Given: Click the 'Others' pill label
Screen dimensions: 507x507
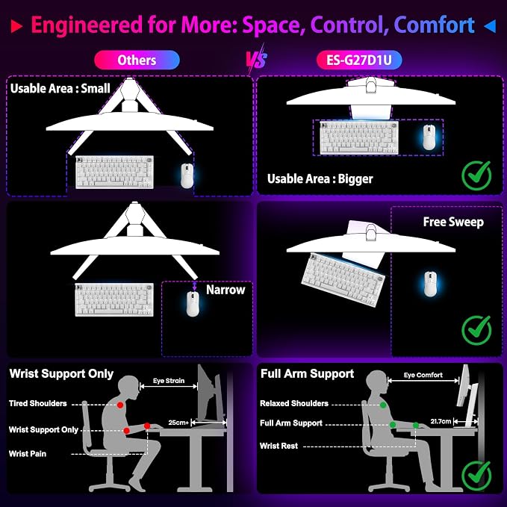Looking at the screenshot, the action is tap(137, 60).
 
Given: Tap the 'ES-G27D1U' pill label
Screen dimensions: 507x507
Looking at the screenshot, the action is tap(359, 60).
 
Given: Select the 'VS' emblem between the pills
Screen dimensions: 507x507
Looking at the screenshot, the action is tap(257, 59).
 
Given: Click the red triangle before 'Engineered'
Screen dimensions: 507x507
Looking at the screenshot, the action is tap(16, 26).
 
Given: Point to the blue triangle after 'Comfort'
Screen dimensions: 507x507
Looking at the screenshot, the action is tap(490, 26).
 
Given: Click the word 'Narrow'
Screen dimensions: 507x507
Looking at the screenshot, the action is tap(225, 290).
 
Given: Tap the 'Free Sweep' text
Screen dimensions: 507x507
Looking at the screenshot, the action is tap(453, 222).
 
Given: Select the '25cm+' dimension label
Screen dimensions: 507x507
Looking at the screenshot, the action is tap(178, 423).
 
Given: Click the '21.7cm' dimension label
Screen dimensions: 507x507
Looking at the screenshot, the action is tap(441, 421).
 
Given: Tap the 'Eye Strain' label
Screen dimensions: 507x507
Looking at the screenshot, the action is tap(169, 381).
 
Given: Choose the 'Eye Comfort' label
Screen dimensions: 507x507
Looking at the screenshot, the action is tap(423, 375).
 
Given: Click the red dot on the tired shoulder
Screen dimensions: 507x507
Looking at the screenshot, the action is tap(120, 405).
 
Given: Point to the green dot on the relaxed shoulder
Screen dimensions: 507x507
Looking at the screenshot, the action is tap(383, 405).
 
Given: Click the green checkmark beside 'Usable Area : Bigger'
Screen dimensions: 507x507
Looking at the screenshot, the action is tap(476, 175).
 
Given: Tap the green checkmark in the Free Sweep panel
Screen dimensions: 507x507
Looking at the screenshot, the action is tap(476, 330).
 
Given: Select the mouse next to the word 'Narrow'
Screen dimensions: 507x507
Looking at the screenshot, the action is tap(193, 304).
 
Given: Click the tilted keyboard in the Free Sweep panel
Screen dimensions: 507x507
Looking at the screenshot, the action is tap(343, 280).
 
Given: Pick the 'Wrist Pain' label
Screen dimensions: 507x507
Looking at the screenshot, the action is tap(28, 454).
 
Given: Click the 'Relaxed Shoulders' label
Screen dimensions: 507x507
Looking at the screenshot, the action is tap(294, 403).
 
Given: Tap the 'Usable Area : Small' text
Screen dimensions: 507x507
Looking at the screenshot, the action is tap(60, 88).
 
